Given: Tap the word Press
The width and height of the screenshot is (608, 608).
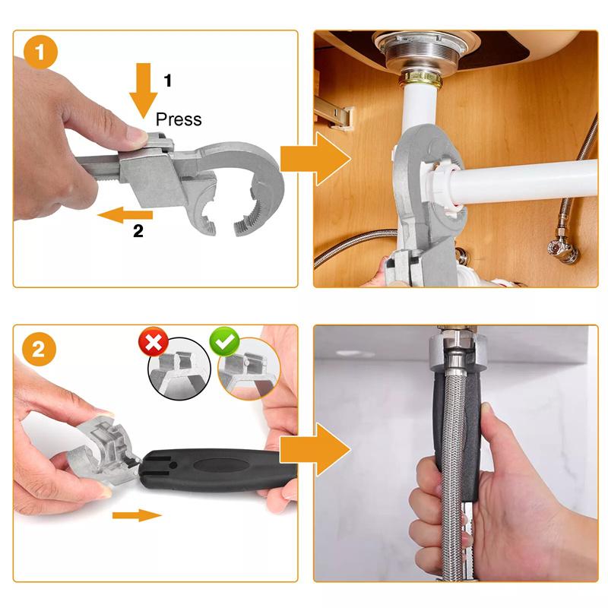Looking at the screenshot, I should click(179, 119).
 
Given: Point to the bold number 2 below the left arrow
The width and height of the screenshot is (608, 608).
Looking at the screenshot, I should click(138, 233).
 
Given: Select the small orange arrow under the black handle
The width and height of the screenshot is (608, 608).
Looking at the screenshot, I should click(137, 516).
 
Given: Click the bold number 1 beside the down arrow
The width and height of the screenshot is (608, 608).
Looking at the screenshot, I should click(169, 79).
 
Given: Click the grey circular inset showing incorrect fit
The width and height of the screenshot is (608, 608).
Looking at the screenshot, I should click(177, 369).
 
